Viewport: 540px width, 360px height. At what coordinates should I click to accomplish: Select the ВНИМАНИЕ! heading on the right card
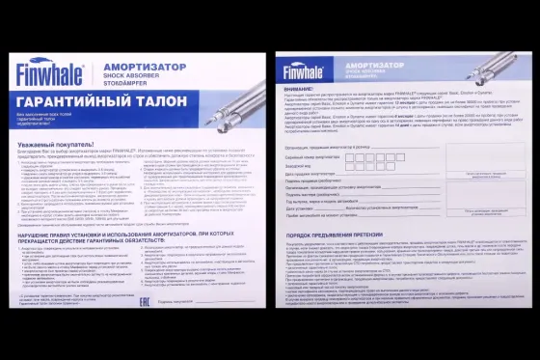coord(300,88)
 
